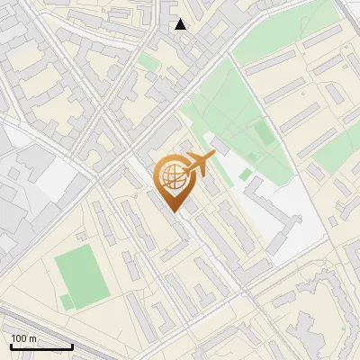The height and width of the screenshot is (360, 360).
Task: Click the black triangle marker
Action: tap(181, 24)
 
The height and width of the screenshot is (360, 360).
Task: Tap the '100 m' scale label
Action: tap(24, 337)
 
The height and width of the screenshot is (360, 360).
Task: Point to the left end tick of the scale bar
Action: tap(11, 346)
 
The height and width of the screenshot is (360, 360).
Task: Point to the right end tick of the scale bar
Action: tap(72, 346)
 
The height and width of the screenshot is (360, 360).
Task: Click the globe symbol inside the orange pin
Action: tap(171, 178)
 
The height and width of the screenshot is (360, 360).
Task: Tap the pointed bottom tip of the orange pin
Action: tap(174, 212)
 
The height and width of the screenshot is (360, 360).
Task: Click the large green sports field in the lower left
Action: tap(81, 275)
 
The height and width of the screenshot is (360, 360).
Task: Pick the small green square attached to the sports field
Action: tap(66, 301)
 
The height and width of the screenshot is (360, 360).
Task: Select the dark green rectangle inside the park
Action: tap(262, 133)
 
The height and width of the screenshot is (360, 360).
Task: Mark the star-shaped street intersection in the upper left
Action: tap(101, 114)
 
